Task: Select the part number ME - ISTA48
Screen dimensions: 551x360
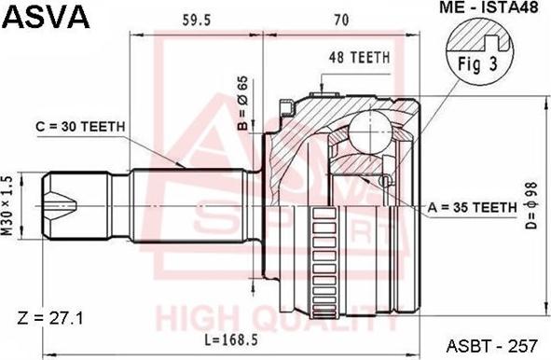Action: pyautogui.click(x=489, y=7)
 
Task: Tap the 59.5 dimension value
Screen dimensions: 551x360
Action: pyautogui.click(x=197, y=21)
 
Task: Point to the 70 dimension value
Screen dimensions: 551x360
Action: pyautogui.click(x=341, y=20)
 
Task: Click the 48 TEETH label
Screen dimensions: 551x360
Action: pyautogui.click(x=360, y=58)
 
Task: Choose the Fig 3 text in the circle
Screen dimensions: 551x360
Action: pyautogui.click(x=477, y=64)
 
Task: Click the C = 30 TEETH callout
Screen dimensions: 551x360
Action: pyautogui.click(x=80, y=127)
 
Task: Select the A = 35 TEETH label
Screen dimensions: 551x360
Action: pyautogui.click(x=473, y=207)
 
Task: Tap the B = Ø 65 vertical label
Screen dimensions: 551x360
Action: pyautogui.click(x=242, y=104)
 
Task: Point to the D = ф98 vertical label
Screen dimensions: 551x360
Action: pyautogui.click(x=531, y=205)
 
